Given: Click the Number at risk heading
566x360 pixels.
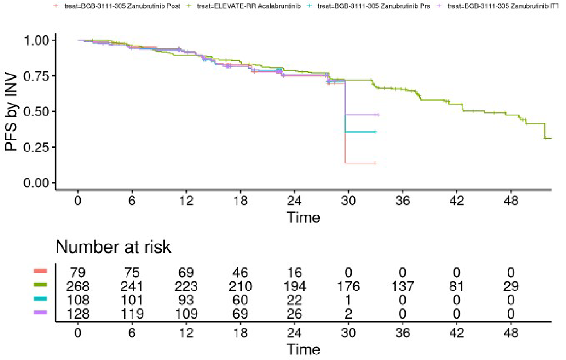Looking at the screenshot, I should point(113,248).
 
